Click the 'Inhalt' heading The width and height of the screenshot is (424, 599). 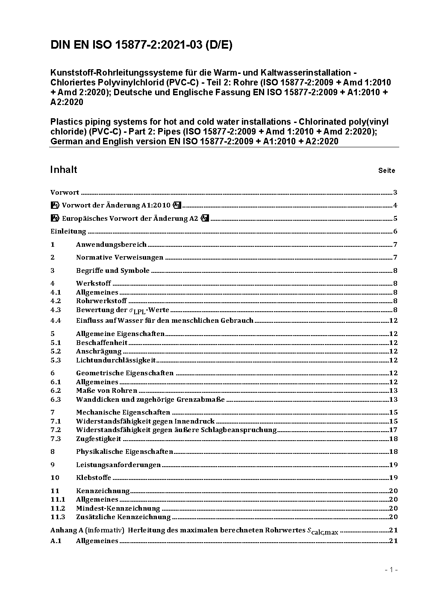[64, 169]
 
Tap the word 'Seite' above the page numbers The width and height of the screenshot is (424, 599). [386, 171]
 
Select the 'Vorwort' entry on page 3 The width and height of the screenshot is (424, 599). [65, 193]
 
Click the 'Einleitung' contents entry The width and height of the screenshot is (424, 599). [68, 231]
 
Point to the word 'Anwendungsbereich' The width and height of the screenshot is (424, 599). [111, 245]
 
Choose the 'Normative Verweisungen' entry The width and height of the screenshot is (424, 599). [120, 257]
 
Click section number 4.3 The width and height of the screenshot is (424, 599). [56, 310]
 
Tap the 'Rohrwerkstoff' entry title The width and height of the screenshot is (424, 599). [101, 301]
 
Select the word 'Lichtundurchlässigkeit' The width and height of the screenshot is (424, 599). [116, 360]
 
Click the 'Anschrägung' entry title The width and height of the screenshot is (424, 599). [99, 351]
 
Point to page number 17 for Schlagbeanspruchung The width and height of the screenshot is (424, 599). [393, 430]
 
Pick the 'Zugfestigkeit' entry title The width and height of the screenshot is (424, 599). [99, 439]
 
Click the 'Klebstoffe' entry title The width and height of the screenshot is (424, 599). [94, 478]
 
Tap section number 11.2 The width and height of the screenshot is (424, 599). [58, 508]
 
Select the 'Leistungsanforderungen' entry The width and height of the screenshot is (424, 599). [118, 465]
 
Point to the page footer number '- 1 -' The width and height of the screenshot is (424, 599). [391, 570]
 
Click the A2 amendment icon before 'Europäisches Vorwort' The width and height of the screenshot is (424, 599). [55, 219]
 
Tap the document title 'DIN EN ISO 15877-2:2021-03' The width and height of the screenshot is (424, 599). [141, 45]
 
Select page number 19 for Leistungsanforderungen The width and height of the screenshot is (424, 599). [393, 465]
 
